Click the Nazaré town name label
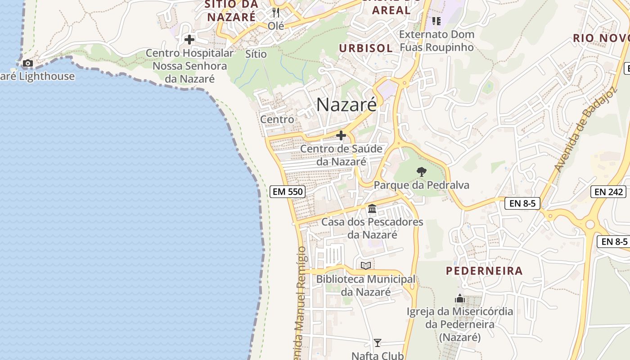point(346,105)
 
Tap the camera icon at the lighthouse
point(28,63)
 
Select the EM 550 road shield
point(288,192)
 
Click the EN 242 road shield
point(609,192)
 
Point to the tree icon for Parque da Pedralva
point(421,171)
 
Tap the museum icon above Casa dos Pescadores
point(372,208)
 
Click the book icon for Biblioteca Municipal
point(366,265)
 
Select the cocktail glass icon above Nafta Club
point(378,343)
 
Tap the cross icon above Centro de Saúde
point(341,135)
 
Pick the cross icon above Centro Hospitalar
point(189,40)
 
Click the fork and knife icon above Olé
point(276,13)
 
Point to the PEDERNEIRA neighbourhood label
point(484,271)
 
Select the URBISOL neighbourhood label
point(366,49)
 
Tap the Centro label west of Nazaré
point(277,120)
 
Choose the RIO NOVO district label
point(601,38)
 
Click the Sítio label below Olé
point(256,54)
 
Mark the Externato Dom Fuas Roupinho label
point(436,40)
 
